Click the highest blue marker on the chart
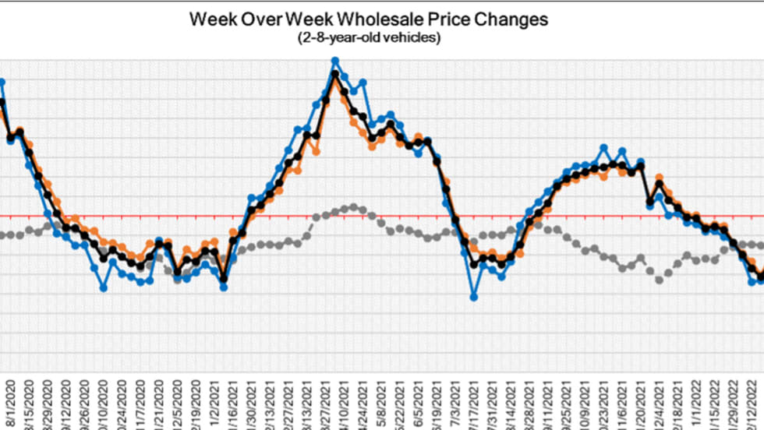[x=335, y=61]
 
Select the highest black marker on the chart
[x=335, y=74]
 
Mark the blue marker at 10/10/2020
[x=104, y=288]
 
